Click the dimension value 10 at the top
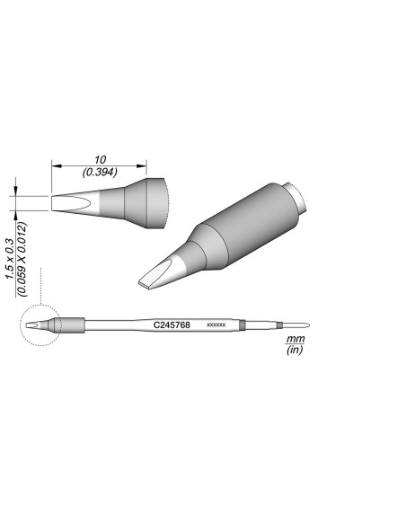(x=99, y=158)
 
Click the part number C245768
(x=172, y=324)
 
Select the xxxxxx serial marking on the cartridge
(x=216, y=325)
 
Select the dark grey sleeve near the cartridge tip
(x=73, y=325)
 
